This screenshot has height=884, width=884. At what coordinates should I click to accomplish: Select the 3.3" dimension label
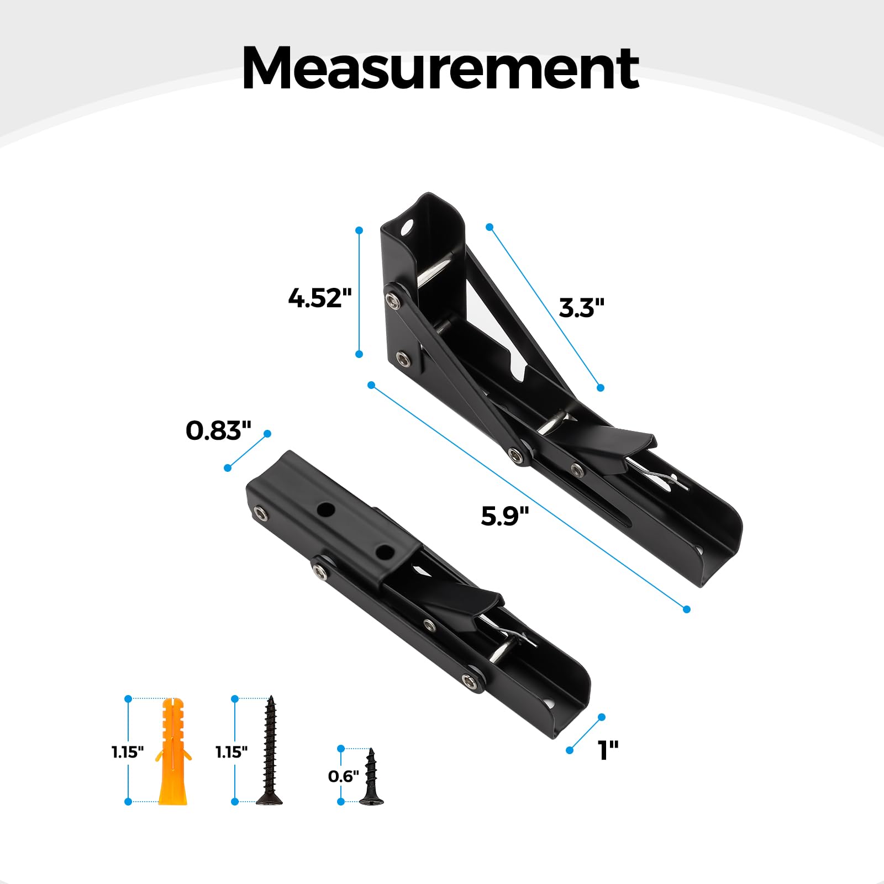coord(582,308)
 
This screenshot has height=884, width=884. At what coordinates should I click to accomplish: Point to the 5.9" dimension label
coord(505,516)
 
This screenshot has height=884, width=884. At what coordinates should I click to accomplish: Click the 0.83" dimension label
coord(218,430)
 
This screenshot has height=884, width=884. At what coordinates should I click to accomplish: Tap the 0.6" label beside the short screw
coord(343,776)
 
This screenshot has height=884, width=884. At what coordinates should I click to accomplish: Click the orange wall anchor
coord(173,751)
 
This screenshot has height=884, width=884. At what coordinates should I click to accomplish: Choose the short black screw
coord(371,776)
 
